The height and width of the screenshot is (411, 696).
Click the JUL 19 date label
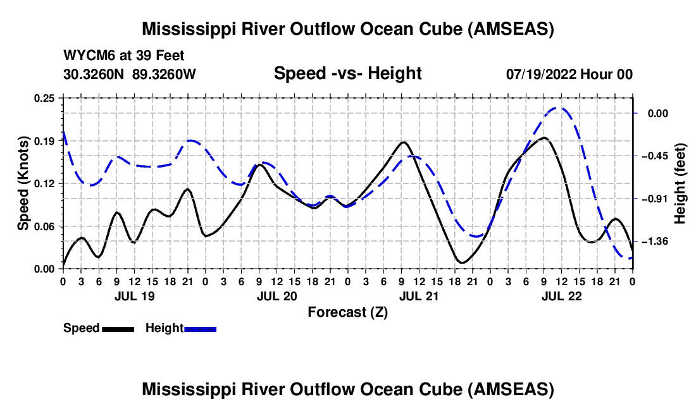point(134,295)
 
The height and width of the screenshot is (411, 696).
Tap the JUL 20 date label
point(277,295)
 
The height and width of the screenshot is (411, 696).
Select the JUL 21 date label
point(419,295)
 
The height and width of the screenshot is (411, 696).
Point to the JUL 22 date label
point(561,295)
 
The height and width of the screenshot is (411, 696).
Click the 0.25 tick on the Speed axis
point(45,98)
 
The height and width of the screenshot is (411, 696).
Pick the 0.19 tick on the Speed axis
point(45,140)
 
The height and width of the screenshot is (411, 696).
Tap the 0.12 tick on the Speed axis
point(45,183)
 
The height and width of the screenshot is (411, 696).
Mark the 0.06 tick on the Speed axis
point(45,226)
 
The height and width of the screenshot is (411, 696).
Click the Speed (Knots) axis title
point(23,183)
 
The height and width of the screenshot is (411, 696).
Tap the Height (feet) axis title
point(680,183)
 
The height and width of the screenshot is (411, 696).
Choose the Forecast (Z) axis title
point(347,312)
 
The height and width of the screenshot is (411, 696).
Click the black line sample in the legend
point(118,329)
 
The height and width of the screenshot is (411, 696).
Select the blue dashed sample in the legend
point(201,329)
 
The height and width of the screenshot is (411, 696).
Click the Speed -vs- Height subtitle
point(347,73)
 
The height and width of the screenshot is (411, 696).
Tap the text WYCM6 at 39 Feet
point(124,56)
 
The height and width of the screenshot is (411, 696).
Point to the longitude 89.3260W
point(165,74)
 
